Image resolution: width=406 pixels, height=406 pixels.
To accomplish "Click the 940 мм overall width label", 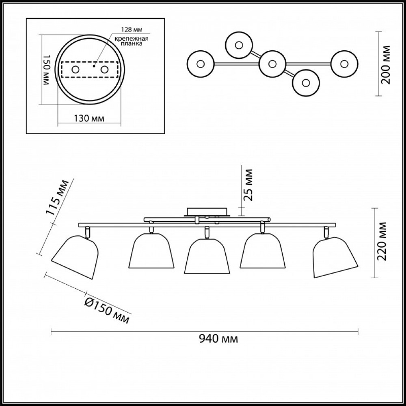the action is pyautogui.click(x=218, y=339).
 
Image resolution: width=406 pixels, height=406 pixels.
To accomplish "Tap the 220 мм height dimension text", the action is pyautogui.click(x=381, y=241).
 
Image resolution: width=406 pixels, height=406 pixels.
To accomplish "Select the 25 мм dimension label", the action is pyautogui.click(x=248, y=185).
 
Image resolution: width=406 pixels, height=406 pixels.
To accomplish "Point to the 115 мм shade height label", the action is pyautogui.click(x=58, y=198).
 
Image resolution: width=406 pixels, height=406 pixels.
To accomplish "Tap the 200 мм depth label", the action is pyautogui.click(x=385, y=65).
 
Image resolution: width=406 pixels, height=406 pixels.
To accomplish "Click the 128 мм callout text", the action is pyautogui.click(x=132, y=30).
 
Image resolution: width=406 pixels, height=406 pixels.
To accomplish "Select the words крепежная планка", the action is pyautogui.click(x=132, y=41).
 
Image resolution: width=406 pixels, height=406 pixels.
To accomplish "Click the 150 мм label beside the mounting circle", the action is pyautogui.click(x=46, y=70).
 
